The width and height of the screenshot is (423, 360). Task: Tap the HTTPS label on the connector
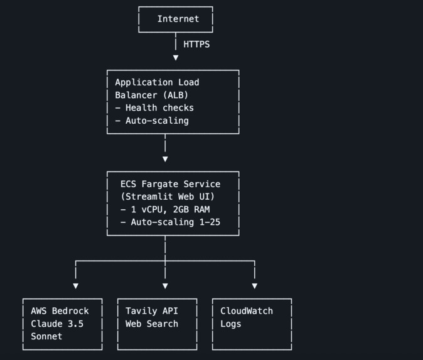pos(196,45)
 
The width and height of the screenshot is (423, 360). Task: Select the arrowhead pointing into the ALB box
pos(176,58)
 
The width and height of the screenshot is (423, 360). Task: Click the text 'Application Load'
pos(157,82)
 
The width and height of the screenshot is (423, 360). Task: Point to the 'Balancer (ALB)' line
pos(151,95)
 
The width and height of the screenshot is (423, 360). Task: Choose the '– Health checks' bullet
pos(154,108)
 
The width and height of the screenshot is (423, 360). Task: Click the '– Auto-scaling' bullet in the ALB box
pos(152,121)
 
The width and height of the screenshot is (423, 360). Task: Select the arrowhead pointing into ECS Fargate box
pos(165,160)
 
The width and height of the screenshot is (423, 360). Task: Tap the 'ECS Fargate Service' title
pos(170,184)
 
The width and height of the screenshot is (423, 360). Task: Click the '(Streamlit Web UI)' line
pos(168,197)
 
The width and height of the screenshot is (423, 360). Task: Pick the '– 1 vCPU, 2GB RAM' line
pos(165,209)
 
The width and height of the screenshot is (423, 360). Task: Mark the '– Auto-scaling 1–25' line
pos(170,222)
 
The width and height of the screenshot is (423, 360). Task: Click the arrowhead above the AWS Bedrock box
pos(76,286)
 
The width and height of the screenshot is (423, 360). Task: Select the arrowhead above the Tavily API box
pos(165,286)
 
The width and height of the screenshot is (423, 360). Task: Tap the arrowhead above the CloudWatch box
pos(254,286)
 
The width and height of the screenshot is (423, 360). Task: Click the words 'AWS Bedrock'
pos(60,311)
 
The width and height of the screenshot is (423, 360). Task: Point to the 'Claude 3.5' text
pos(57,324)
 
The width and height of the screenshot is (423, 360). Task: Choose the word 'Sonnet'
pos(46,337)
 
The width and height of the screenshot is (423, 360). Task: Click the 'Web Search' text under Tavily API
pos(152,324)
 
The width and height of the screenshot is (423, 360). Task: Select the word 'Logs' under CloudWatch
pos(230,324)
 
